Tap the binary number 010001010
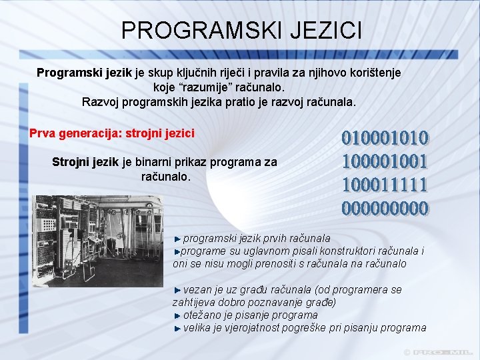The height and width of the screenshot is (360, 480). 385,137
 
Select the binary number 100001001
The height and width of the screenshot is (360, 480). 385,161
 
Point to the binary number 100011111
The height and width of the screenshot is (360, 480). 385,184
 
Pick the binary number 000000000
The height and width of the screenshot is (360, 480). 385,208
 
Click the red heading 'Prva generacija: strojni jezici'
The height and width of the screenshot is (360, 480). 112,133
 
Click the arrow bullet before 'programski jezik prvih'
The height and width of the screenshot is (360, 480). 177,238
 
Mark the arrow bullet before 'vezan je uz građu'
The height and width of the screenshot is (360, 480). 177,290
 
